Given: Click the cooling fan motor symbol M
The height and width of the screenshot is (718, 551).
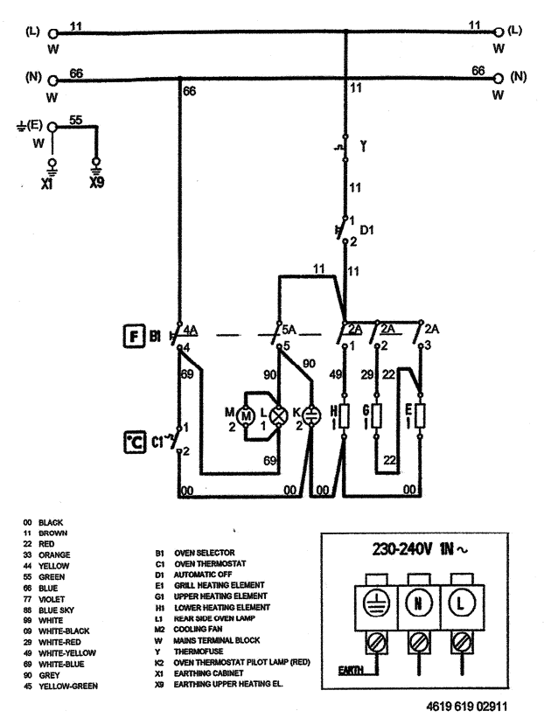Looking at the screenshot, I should point(247,416).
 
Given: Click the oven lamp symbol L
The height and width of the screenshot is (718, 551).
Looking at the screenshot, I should point(281,416).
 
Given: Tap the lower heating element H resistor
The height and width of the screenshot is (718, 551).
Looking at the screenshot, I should point(346,415).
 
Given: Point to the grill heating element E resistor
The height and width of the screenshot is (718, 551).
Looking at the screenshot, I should point(422,415).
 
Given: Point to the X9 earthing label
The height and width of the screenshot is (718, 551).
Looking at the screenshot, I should point(96,185).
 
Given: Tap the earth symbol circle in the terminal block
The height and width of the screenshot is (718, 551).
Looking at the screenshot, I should point(373,603).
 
